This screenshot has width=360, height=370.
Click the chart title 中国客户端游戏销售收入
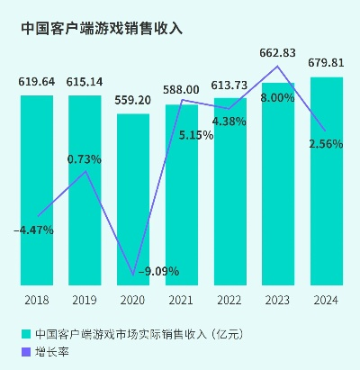point(101,28)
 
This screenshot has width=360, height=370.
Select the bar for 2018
point(36,189)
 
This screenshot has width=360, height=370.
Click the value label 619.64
point(37,82)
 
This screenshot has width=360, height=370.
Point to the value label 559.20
point(133,101)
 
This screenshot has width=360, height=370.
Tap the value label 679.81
point(327,63)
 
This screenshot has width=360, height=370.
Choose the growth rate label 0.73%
point(85,159)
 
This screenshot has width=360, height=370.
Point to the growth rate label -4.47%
point(34,230)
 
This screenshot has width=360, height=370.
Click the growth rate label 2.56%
point(325,144)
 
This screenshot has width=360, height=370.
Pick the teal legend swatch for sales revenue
point(25,334)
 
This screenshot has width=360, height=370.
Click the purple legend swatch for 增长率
point(25,352)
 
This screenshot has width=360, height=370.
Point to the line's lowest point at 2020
point(133,275)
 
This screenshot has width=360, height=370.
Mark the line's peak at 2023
point(278,67)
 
